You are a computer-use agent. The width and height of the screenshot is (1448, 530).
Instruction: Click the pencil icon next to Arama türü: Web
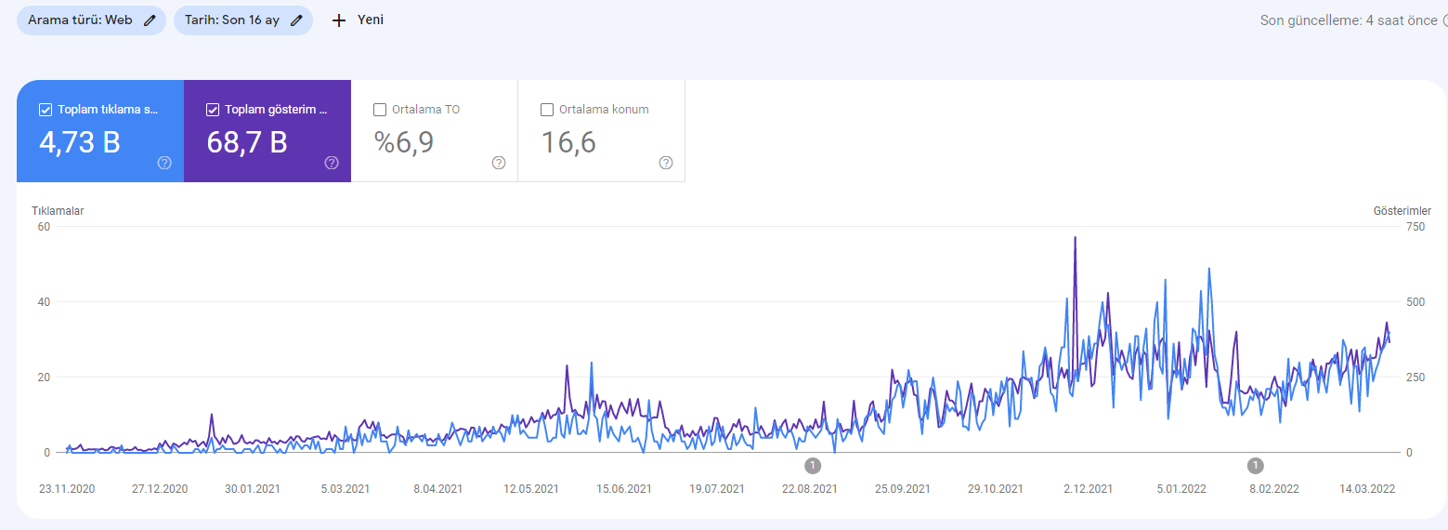point(150,20)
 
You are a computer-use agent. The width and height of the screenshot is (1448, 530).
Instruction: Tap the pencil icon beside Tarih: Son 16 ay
point(296,20)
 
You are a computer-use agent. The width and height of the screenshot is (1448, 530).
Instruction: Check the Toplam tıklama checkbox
point(46,110)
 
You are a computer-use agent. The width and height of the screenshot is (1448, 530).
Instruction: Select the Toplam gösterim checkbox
point(213,110)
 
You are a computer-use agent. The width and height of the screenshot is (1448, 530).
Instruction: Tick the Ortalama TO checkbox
point(380,110)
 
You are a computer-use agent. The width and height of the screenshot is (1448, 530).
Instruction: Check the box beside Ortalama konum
point(547,110)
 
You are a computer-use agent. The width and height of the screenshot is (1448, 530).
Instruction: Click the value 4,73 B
point(80,142)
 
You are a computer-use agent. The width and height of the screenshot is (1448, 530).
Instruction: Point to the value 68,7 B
point(247,142)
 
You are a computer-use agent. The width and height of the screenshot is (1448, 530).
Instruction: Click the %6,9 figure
point(404,142)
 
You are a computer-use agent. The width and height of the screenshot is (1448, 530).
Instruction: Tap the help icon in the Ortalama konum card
point(666,163)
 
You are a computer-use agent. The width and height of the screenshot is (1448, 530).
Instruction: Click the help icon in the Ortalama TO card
point(499,163)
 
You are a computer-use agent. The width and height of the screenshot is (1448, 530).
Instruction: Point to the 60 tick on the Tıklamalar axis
point(44,227)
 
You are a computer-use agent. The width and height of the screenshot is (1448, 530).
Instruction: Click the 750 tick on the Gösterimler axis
point(1415,227)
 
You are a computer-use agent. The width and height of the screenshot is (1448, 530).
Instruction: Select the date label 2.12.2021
point(1088,488)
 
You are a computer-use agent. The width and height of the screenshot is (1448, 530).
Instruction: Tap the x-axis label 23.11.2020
point(67,488)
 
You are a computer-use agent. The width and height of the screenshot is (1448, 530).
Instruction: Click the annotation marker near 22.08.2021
point(813,465)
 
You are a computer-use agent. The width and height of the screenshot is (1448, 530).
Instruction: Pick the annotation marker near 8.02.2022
point(1256,465)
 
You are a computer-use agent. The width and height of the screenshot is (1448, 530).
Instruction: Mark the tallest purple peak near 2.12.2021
point(1075,237)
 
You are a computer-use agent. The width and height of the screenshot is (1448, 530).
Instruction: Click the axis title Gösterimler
point(1402,211)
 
